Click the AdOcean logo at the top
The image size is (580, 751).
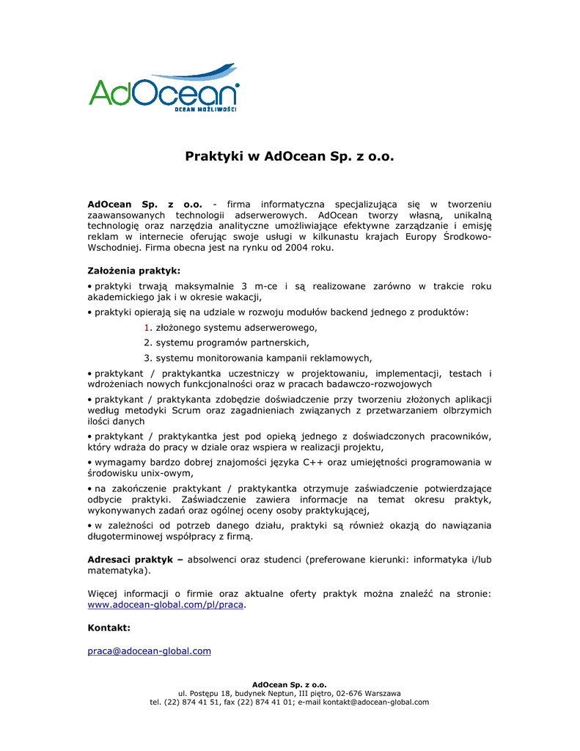(x=164, y=89)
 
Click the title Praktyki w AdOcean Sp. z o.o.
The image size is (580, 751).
(x=290, y=156)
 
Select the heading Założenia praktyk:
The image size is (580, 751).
(x=133, y=271)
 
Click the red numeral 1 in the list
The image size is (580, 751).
(x=147, y=327)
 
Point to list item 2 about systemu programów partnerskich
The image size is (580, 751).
(x=227, y=342)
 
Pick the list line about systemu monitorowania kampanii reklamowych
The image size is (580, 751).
(x=258, y=358)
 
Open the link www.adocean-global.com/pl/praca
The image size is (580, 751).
(x=165, y=605)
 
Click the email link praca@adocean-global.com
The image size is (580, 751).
(x=150, y=651)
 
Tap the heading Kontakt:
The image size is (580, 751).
(x=109, y=628)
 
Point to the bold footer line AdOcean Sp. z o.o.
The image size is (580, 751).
(x=290, y=684)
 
